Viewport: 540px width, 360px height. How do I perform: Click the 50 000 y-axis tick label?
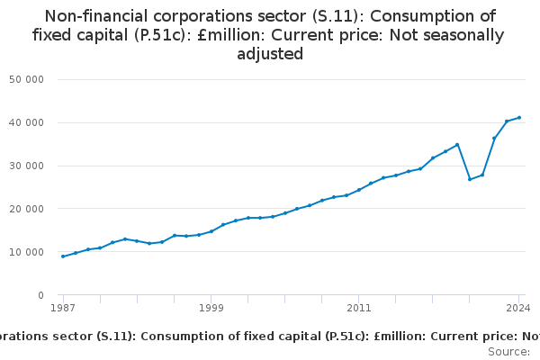pyautogui.click(x=27, y=79)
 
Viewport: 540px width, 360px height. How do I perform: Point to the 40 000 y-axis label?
pyautogui.click(x=27, y=122)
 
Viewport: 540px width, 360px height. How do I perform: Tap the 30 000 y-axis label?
pyautogui.click(x=27, y=166)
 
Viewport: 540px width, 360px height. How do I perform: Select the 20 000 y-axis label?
pyautogui.click(x=27, y=209)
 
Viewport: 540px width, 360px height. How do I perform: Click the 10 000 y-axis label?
pyautogui.click(x=27, y=252)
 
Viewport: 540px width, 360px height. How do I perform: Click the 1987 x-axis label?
pyautogui.click(x=62, y=309)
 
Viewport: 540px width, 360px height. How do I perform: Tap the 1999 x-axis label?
pyautogui.click(x=211, y=309)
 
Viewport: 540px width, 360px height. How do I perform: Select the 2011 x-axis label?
pyautogui.click(x=358, y=309)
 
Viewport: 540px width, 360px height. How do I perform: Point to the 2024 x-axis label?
pyautogui.click(x=519, y=309)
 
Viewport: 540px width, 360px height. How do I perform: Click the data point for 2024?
pyautogui.click(x=519, y=118)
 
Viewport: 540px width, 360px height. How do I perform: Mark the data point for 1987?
pyautogui.click(x=62, y=256)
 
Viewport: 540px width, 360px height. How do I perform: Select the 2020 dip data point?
pyautogui.click(x=470, y=179)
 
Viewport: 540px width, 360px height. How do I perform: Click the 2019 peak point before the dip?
pyautogui.click(x=457, y=145)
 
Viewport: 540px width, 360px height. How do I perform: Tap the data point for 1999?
pyautogui.click(x=211, y=231)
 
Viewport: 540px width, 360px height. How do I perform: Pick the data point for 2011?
pyautogui.click(x=358, y=190)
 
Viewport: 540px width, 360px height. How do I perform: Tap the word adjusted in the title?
pyautogui.click(x=270, y=54)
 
